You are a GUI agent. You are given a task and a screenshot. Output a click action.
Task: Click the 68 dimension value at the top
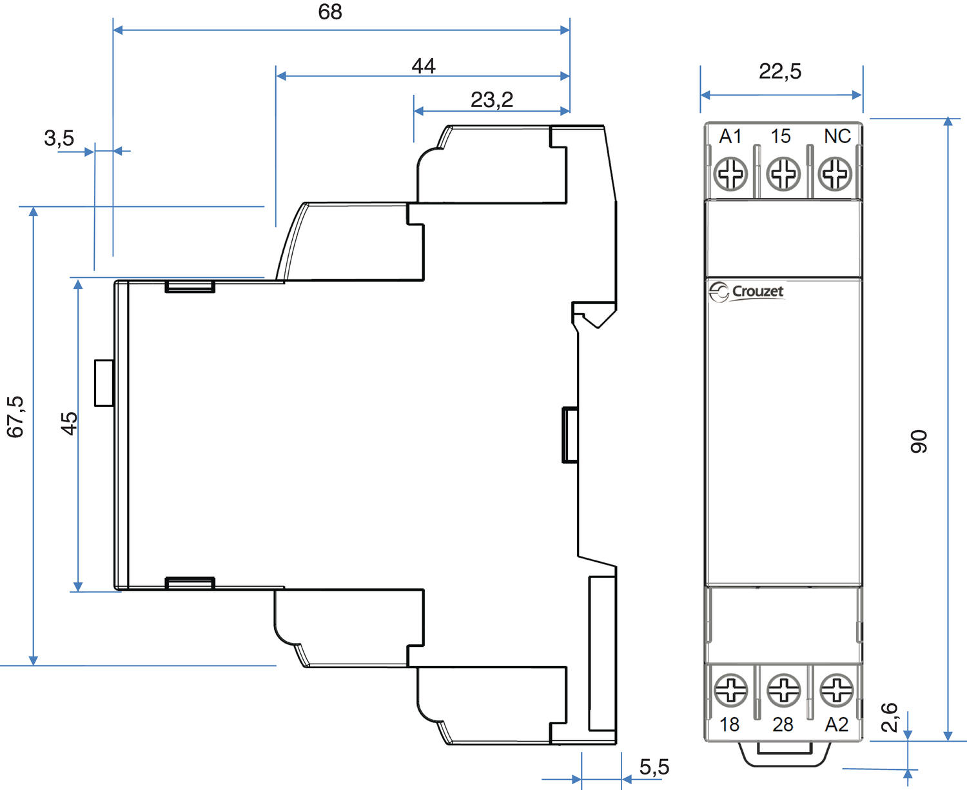[330, 12]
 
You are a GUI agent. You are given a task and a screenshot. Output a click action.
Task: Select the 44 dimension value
[424, 66]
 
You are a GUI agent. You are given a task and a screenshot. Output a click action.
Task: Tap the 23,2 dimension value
[492, 100]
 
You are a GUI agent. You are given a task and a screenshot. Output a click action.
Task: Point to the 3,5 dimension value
[59, 138]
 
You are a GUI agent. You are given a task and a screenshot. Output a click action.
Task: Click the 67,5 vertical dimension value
[15, 417]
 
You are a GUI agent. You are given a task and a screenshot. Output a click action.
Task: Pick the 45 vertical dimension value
[69, 423]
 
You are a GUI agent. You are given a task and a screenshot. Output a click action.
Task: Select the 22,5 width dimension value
[780, 71]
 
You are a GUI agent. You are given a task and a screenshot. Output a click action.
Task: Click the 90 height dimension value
[919, 441]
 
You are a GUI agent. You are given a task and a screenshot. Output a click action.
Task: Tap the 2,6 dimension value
[890, 717]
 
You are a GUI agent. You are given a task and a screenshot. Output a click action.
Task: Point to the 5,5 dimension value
[654, 767]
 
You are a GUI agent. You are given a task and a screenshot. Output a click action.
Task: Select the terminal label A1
[730, 136]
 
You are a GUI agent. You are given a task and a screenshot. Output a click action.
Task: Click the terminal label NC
[837, 136]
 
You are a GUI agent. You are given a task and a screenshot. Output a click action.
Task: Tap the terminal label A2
[837, 725]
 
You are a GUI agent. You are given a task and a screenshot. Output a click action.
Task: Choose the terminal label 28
[783, 725]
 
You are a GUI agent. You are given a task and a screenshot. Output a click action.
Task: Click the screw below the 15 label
[783, 173]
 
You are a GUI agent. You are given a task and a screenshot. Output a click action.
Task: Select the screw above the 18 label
[731, 689]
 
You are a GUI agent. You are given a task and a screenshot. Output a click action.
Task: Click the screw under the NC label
[835, 173]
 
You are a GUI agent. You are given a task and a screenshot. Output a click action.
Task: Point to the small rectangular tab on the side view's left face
[104, 383]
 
